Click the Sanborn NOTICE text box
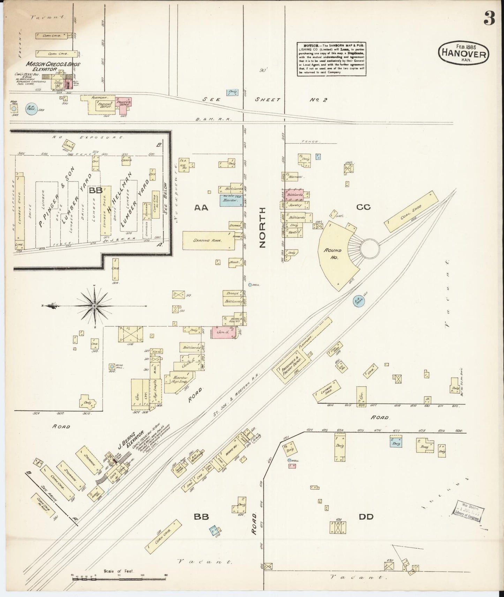click(331, 59)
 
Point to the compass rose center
click(94, 305)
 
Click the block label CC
click(363, 207)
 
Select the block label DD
click(366, 517)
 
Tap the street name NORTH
click(263, 227)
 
